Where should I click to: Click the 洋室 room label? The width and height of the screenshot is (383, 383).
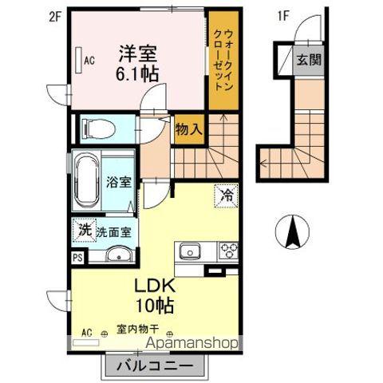click(138, 55)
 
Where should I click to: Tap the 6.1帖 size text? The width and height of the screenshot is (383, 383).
click(138, 73)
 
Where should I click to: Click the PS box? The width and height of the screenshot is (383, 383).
click(77, 258)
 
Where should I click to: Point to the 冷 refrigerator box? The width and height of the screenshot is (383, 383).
click(226, 194)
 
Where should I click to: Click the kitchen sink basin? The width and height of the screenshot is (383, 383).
click(191, 253)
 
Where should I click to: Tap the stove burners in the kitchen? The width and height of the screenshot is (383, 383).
click(229, 253)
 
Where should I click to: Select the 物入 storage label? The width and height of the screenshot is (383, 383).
click(188, 128)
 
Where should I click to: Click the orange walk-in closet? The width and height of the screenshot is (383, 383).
click(223, 64)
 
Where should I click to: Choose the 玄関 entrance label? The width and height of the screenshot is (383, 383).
click(309, 59)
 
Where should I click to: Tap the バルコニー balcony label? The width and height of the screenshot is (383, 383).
click(156, 366)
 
